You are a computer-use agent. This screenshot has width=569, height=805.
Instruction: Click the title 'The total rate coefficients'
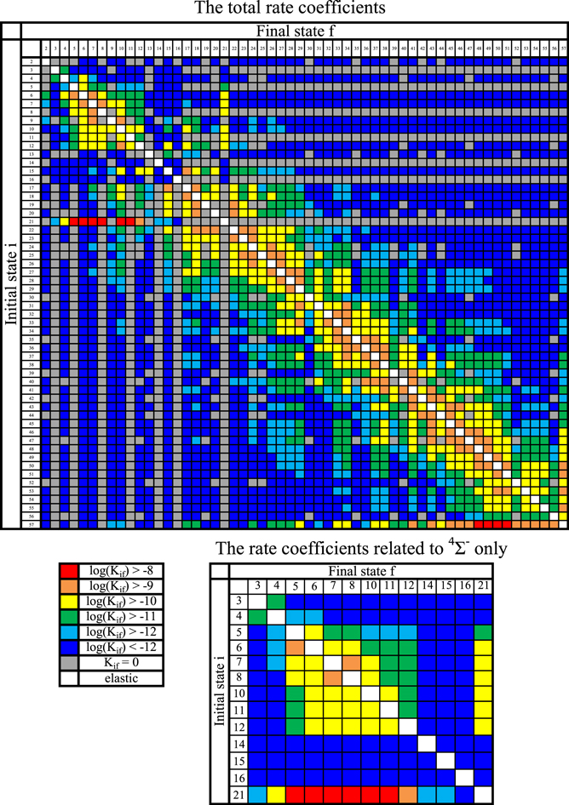[x=284, y=9]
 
